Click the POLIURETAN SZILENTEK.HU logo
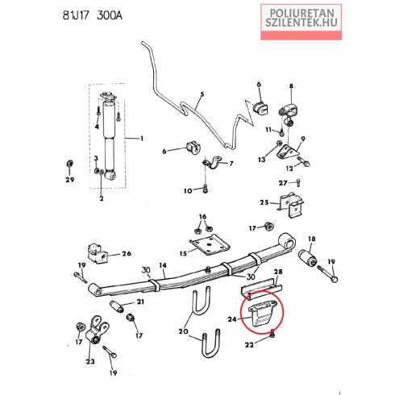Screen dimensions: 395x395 (x=301, y=22)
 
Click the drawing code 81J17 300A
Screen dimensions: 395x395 (x=93, y=15)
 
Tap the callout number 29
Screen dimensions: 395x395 (x=70, y=180)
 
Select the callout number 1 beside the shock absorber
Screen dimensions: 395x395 (x=142, y=139)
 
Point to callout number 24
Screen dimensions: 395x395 (x=232, y=319)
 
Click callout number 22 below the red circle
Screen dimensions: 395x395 (x=249, y=344)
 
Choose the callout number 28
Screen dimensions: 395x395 (x=278, y=272)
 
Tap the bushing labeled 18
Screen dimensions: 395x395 (x=308, y=258)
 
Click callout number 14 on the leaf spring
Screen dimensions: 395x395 (x=163, y=265)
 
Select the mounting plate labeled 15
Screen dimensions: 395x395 (x=210, y=244)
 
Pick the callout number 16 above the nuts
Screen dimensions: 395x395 (x=202, y=217)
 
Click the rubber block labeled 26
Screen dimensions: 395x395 (x=97, y=253)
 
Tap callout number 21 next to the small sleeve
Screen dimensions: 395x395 (x=140, y=301)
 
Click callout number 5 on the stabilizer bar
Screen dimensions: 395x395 (x=202, y=94)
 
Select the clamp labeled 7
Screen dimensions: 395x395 (x=212, y=162)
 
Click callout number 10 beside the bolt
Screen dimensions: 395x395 (x=188, y=191)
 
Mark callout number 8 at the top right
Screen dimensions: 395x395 (x=291, y=86)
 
